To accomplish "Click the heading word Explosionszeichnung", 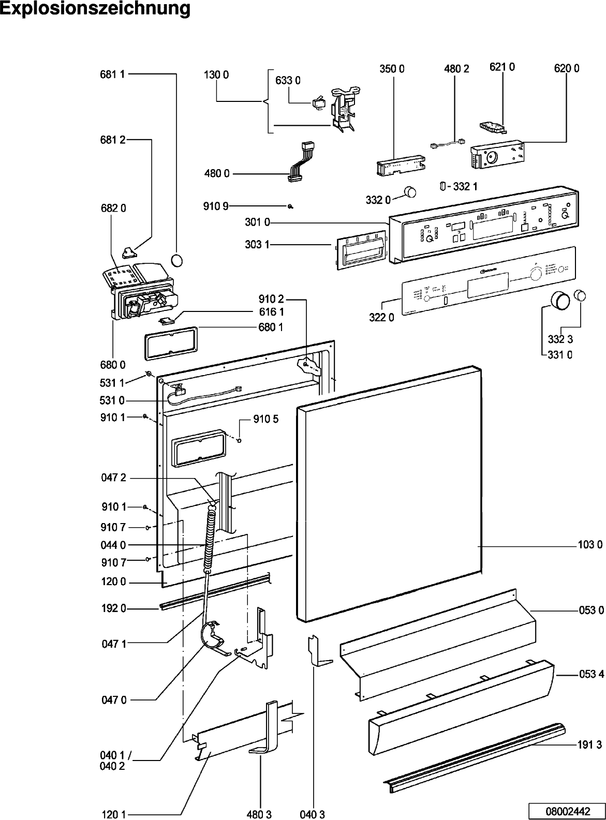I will (x=95, y=9).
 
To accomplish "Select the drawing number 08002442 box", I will (x=566, y=812).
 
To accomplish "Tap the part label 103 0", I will (x=590, y=544).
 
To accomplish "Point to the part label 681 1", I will (x=112, y=74).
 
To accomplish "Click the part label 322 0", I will (x=381, y=318).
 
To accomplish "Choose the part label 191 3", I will (x=590, y=730).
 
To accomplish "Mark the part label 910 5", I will (x=266, y=419).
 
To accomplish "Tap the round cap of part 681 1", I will (x=177, y=260).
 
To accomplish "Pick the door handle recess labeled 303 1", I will (x=358, y=252).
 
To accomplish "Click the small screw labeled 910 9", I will (x=291, y=206).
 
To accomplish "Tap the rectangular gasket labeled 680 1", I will (x=170, y=342).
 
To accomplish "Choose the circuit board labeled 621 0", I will (x=492, y=126).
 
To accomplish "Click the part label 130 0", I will (x=216, y=74).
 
